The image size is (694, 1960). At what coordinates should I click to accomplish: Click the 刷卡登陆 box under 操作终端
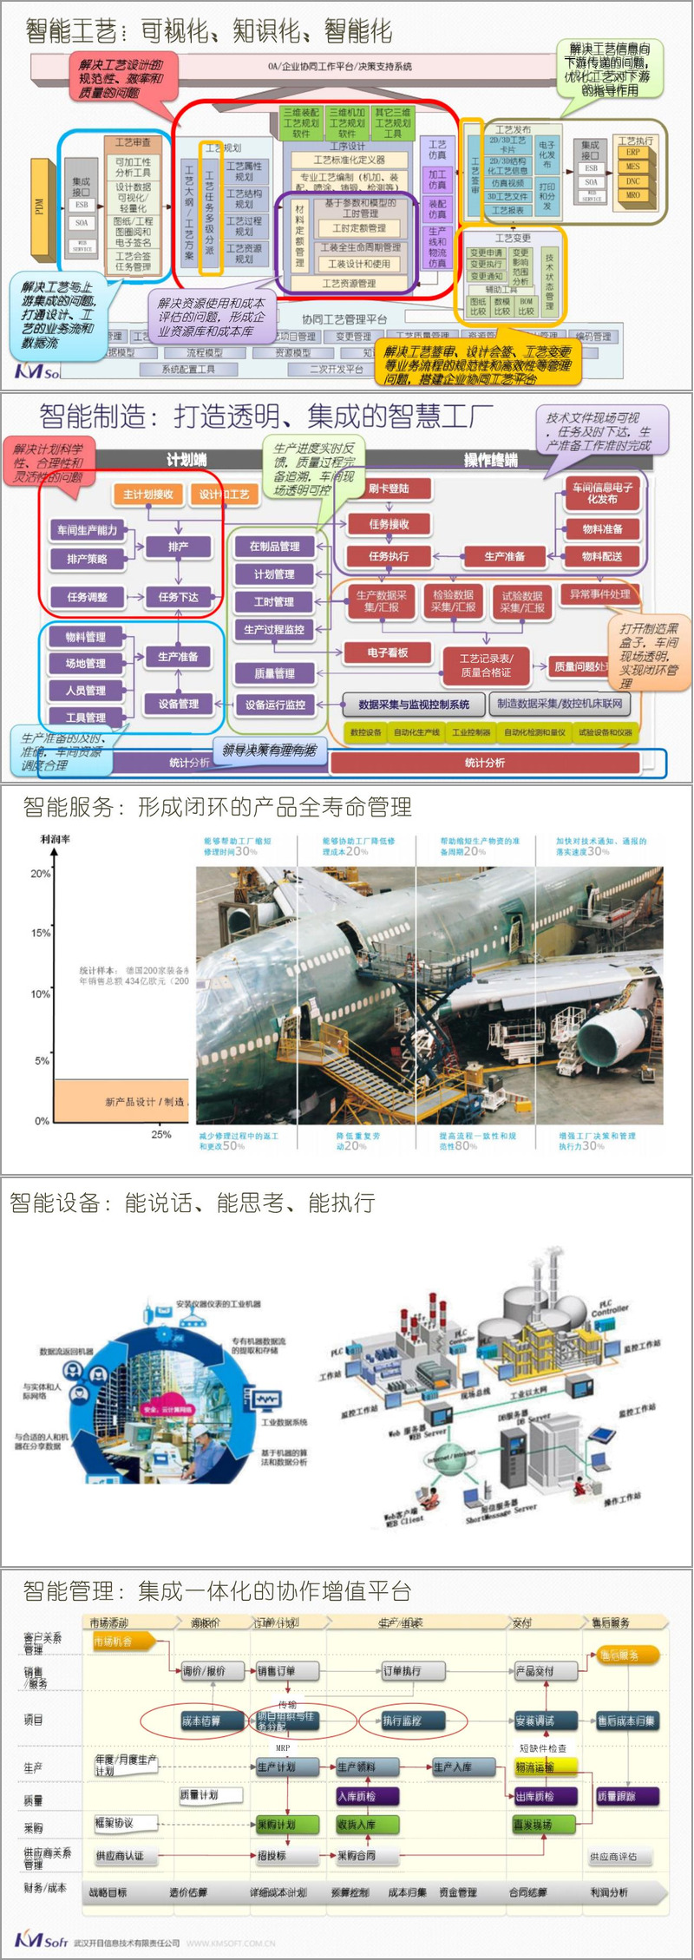click(x=388, y=488)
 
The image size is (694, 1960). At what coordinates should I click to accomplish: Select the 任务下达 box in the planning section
click(x=179, y=597)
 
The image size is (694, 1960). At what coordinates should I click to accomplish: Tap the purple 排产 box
click(x=179, y=547)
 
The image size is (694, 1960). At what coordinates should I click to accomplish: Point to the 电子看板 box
click(x=388, y=652)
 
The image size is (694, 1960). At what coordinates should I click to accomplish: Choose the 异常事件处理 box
click(x=599, y=594)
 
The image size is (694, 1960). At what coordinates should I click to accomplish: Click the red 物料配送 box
click(x=602, y=556)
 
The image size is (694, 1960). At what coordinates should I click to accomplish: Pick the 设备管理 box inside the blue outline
click(x=179, y=704)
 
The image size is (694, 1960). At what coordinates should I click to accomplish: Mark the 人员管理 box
click(x=86, y=691)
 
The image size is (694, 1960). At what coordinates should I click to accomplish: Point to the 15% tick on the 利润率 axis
click(x=41, y=934)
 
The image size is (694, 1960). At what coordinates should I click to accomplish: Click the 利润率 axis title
click(x=56, y=839)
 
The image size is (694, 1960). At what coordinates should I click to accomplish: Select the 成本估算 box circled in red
click(x=200, y=1721)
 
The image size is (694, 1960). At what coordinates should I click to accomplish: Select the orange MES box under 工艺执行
click(x=633, y=167)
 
